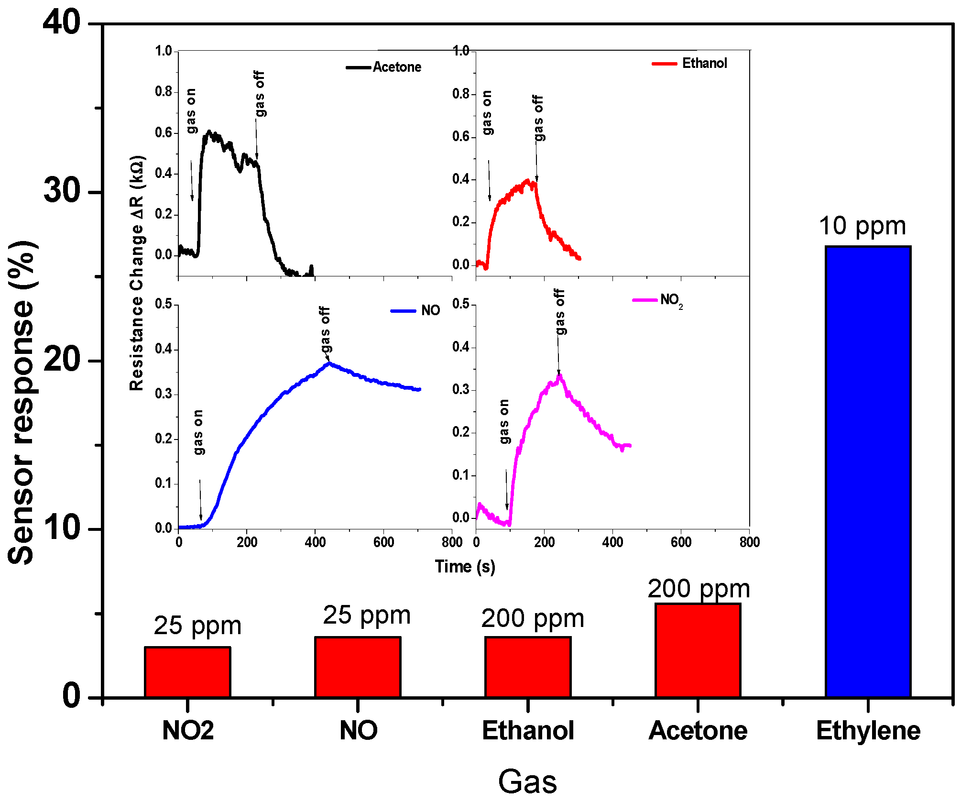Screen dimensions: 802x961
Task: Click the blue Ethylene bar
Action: coord(868,471)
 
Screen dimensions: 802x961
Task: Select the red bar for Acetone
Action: coord(698,650)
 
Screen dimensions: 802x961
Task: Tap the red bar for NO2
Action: coord(187,672)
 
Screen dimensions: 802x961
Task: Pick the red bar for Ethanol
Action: coord(528,667)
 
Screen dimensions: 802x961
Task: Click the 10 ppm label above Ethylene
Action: coord(863,226)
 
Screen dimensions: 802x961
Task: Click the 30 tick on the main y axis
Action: coord(62,190)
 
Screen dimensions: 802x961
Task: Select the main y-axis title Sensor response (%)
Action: coord(22,402)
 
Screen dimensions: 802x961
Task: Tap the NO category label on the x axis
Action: coord(358,730)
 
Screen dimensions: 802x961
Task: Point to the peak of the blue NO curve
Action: coord(329,363)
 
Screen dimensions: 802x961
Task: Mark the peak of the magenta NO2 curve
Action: coord(559,377)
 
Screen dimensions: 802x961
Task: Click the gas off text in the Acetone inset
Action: coord(259,94)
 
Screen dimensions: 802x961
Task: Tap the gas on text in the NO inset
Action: coord(198,432)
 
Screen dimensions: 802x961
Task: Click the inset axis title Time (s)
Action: coord(465,566)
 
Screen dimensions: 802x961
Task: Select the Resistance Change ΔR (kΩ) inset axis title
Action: coord(137,273)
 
